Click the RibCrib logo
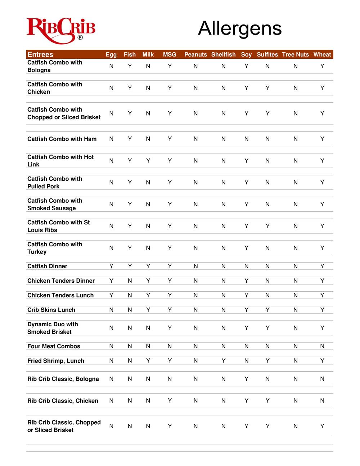[x=61, y=30]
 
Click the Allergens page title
[x=240, y=28]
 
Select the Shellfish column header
[x=223, y=55]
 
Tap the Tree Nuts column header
[x=295, y=55]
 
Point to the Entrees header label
[x=40, y=55]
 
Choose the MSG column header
[x=170, y=55]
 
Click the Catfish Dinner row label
[x=47, y=266]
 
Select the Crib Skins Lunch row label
[x=51, y=310]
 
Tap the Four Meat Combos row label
[x=54, y=346]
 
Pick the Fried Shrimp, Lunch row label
[x=56, y=361]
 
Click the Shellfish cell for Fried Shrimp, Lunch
[x=224, y=361]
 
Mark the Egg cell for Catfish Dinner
[x=111, y=266]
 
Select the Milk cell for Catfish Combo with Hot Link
[x=148, y=161]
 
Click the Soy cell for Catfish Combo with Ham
[x=246, y=139]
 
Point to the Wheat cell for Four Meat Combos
[x=322, y=346]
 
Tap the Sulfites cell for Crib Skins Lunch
[x=267, y=310]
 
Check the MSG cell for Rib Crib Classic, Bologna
[x=170, y=379]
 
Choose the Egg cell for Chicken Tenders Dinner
[x=111, y=281]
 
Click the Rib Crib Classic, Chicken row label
[x=63, y=401]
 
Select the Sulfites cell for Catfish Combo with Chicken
[x=267, y=88]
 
